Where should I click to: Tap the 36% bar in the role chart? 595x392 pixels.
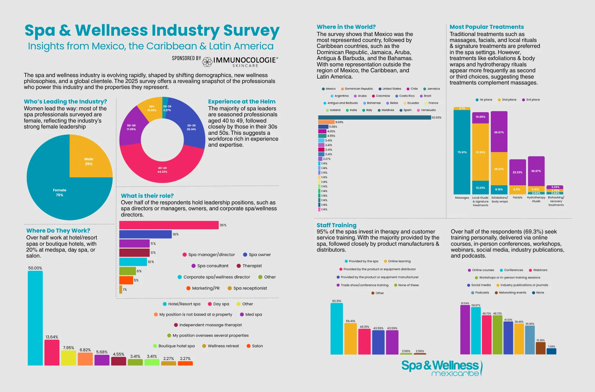point(169,225)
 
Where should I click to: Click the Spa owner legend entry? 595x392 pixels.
point(257,255)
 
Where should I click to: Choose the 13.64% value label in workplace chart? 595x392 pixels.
point(52,337)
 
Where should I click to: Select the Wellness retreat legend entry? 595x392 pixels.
point(220,346)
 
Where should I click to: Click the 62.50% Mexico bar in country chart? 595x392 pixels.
point(374,117)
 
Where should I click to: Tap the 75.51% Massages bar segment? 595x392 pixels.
point(462,152)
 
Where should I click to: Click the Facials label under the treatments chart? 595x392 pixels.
point(517,197)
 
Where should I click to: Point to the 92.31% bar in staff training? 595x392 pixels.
point(336,329)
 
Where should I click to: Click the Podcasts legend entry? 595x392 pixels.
point(480,293)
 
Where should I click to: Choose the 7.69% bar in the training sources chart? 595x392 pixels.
point(551,351)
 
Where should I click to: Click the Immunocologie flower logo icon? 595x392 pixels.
point(207,62)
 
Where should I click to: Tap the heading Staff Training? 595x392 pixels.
point(336,225)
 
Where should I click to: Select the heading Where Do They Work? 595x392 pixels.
point(58,231)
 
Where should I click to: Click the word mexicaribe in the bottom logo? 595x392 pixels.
point(455,374)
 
